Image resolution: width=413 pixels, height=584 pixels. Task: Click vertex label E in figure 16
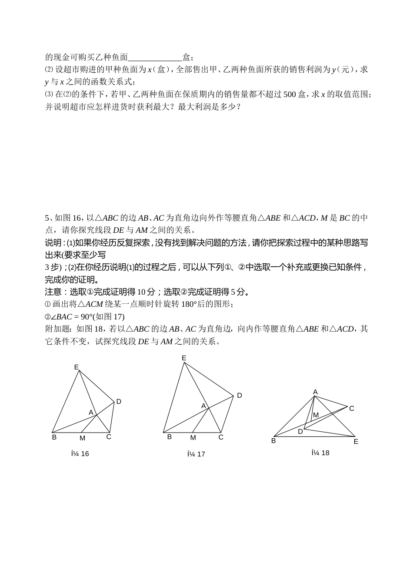pyautogui.click(x=77, y=367)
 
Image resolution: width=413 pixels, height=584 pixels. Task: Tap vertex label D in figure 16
pyautogui.click(x=119, y=402)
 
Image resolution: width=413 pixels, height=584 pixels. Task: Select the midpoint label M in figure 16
pyautogui.click(x=82, y=438)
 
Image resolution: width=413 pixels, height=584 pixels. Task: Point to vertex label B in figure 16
pyautogui.click(x=54, y=437)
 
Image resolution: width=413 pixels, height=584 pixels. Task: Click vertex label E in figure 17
pyautogui.click(x=184, y=358)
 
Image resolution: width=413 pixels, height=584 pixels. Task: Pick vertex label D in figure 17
pyautogui.click(x=239, y=396)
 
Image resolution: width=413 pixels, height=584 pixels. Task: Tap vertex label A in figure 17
pyautogui.click(x=203, y=406)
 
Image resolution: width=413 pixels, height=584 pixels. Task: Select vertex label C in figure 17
pyautogui.click(x=221, y=437)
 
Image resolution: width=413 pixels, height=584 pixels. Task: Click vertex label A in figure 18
pyautogui.click(x=316, y=392)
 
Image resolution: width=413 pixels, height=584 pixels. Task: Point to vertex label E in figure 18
pyautogui.click(x=356, y=442)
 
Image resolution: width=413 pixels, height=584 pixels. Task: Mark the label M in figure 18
pyautogui.click(x=316, y=415)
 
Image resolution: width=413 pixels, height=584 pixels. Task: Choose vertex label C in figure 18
pyautogui.click(x=352, y=409)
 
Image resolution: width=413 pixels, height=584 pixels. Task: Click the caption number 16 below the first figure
pyautogui.click(x=85, y=454)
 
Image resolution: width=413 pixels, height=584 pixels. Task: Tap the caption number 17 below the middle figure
pyautogui.click(x=201, y=454)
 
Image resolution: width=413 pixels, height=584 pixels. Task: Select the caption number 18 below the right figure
pyautogui.click(x=325, y=453)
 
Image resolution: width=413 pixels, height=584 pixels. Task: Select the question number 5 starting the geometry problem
pyautogui.click(x=47, y=218)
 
